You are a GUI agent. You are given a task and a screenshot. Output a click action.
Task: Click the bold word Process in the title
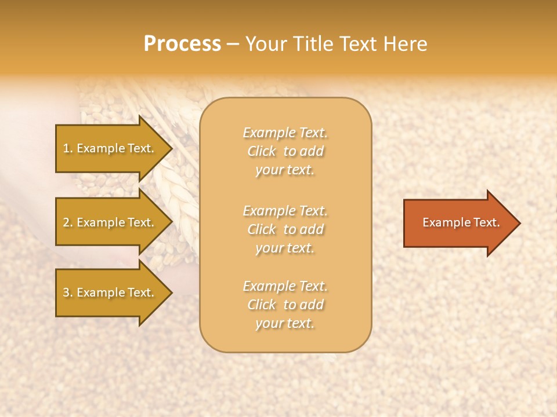click(x=182, y=44)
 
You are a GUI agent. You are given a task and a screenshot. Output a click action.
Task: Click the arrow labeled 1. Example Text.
click(x=110, y=148)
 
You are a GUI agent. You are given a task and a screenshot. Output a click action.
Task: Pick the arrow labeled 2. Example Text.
click(x=110, y=222)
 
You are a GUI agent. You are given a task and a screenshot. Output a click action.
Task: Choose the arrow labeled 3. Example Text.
click(x=110, y=292)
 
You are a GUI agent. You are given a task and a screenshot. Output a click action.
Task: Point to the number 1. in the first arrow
click(x=67, y=148)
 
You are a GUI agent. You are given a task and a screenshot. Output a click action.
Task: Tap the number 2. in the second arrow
click(x=67, y=222)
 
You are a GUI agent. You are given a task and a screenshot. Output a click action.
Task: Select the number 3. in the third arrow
click(x=67, y=292)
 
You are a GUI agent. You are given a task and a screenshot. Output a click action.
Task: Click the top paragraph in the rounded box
click(x=285, y=151)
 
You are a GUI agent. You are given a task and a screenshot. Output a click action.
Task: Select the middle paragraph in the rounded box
click(x=285, y=229)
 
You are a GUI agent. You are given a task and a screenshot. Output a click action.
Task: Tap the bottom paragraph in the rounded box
click(x=285, y=305)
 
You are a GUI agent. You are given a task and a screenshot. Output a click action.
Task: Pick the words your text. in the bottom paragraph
click(x=285, y=324)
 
